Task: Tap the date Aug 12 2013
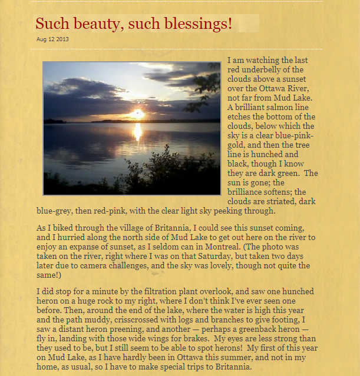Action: tap(52, 39)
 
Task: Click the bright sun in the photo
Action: tap(138, 113)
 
